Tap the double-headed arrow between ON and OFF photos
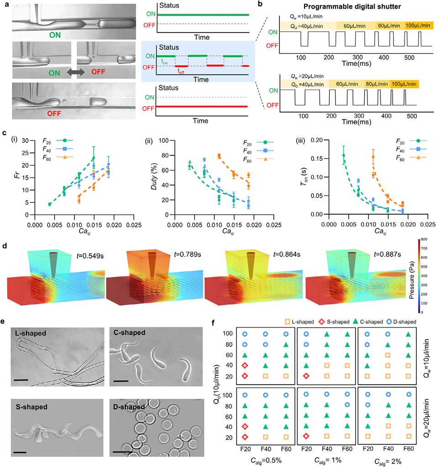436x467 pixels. click(74, 72)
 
